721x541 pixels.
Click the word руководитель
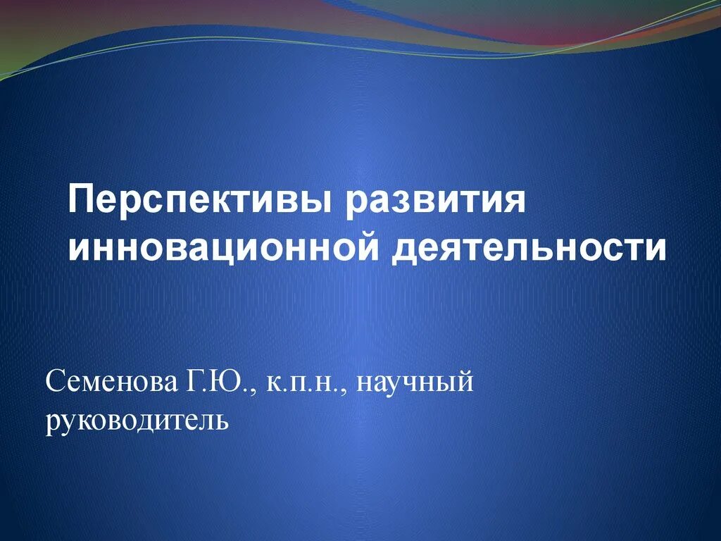pos(137,421)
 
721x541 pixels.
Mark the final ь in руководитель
pos(221,421)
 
